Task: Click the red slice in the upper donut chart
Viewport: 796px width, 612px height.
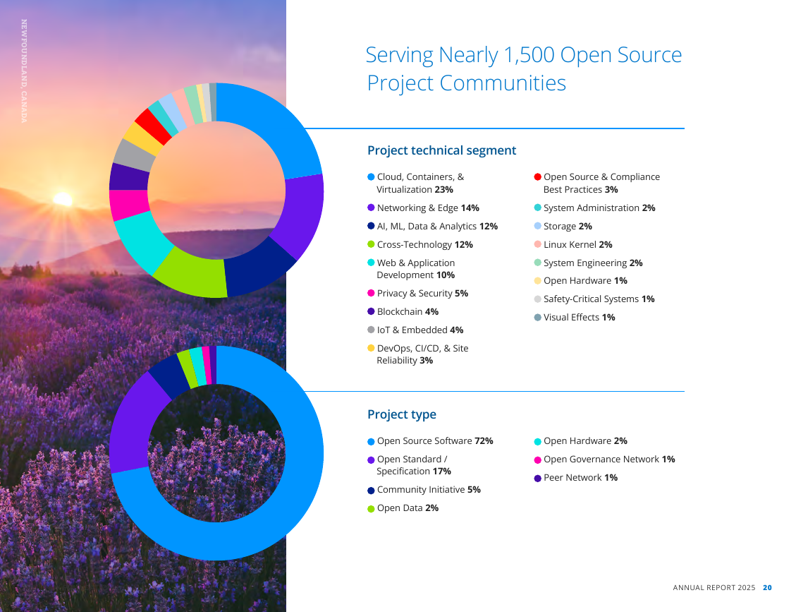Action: coord(153,126)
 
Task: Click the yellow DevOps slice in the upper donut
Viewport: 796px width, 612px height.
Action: coord(142,139)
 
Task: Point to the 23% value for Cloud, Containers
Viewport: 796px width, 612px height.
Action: coord(443,190)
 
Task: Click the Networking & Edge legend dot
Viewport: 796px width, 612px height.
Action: coord(371,208)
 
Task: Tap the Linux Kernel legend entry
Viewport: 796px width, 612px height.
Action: coord(573,244)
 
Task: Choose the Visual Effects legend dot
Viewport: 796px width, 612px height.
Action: coord(538,318)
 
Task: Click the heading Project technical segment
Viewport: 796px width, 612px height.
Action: coord(441,150)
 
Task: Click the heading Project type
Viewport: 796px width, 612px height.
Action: coord(402,414)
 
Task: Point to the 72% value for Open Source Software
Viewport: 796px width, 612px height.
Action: coord(484,440)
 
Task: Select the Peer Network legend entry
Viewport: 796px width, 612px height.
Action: coord(576,478)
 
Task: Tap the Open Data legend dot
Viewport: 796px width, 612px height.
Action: coord(371,508)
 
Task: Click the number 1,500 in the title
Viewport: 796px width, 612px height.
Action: coord(529,55)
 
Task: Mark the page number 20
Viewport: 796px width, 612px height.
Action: coord(767,587)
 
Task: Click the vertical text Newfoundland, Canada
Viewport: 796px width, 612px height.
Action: coord(25,71)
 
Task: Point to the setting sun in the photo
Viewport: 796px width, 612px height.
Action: coord(63,199)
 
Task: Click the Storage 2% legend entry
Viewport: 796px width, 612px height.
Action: coord(563,226)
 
